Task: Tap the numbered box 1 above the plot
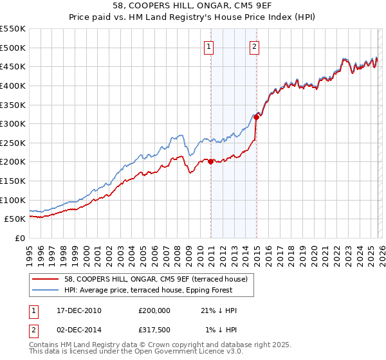coord(210,46)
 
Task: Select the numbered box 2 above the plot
coord(255,46)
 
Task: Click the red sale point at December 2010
coord(211,161)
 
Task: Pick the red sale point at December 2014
coord(256,116)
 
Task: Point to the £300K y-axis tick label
coord(13,123)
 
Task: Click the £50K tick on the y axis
coord(15,219)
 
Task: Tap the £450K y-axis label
coord(13,66)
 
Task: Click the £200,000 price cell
coord(154,310)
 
